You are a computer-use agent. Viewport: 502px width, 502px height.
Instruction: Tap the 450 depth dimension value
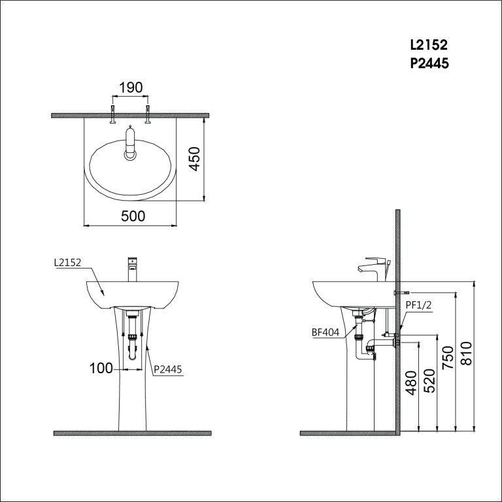(x=194, y=159)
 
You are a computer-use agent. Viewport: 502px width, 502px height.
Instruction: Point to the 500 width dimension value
(x=133, y=216)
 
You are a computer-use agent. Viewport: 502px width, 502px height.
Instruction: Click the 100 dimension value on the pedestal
(x=101, y=369)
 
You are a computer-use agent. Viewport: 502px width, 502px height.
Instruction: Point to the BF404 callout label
(x=326, y=332)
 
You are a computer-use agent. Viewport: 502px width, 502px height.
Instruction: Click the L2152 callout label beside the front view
(x=67, y=263)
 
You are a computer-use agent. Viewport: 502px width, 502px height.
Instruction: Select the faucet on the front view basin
(x=133, y=268)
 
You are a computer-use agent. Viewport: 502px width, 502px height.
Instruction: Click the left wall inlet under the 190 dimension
(x=113, y=112)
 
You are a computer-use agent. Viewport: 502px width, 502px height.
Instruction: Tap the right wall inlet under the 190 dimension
(x=148, y=112)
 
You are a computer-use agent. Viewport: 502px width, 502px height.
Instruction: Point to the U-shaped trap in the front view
(x=133, y=353)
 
